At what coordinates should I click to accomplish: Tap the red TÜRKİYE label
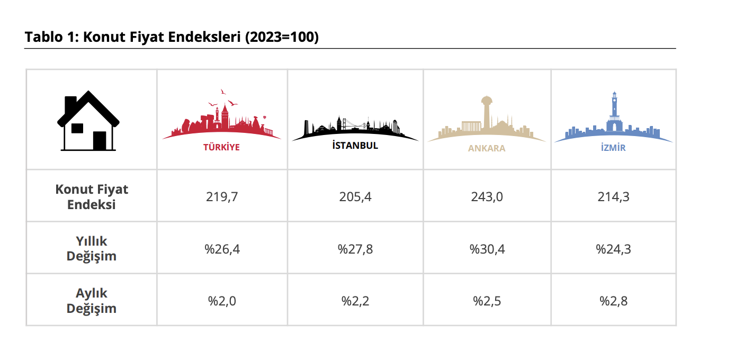pos(221,147)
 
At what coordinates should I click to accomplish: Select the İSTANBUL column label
pos(355,145)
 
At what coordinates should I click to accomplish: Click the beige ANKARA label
pos(487,148)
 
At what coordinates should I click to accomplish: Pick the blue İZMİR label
pos(613,148)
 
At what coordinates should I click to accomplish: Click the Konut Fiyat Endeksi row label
pos(92,197)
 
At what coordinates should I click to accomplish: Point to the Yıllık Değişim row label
pos(92,248)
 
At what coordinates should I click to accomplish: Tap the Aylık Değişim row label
pos(92,301)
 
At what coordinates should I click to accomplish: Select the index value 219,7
pos(222,197)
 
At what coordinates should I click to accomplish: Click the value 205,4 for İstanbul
pos(355,197)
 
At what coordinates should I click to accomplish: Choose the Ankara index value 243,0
pos(487,197)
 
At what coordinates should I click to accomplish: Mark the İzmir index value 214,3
pos(613,197)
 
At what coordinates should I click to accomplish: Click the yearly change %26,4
pos(222,249)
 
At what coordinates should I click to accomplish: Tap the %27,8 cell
pos(355,249)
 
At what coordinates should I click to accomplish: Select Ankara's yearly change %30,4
pos(487,249)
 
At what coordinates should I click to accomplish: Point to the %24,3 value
pos(613,249)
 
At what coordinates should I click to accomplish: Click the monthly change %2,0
pos(222,301)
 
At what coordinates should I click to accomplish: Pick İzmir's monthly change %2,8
pos(613,301)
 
